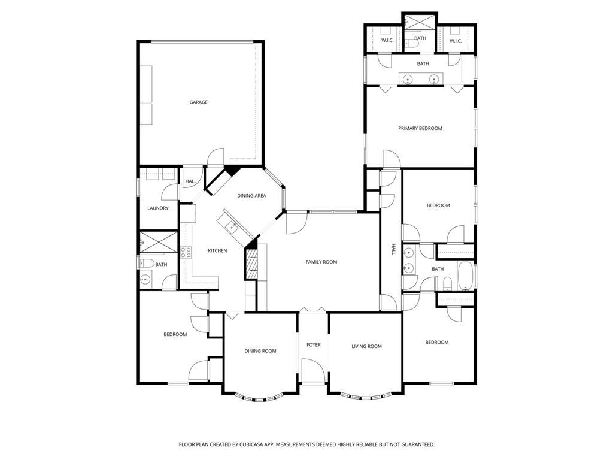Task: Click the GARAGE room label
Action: pyautogui.click(x=199, y=102)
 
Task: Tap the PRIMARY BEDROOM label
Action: pyautogui.click(x=420, y=128)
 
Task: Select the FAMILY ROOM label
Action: pyautogui.click(x=321, y=262)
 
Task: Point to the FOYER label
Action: pyautogui.click(x=314, y=345)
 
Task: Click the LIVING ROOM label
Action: pyautogui.click(x=366, y=346)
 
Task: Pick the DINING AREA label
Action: pyautogui.click(x=251, y=196)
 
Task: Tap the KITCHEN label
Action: pyautogui.click(x=217, y=250)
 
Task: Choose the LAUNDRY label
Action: pyautogui.click(x=158, y=208)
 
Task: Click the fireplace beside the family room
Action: pyautogui.click(x=251, y=264)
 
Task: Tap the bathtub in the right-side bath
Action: pyautogui.click(x=465, y=275)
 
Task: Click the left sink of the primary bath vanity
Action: pyautogui.click(x=407, y=79)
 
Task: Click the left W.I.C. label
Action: pyautogui.click(x=387, y=41)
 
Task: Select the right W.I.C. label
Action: pyautogui.click(x=456, y=41)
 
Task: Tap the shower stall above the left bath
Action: pyautogui.click(x=159, y=243)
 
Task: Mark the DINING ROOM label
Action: pyautogui.click(x=260, y=351)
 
